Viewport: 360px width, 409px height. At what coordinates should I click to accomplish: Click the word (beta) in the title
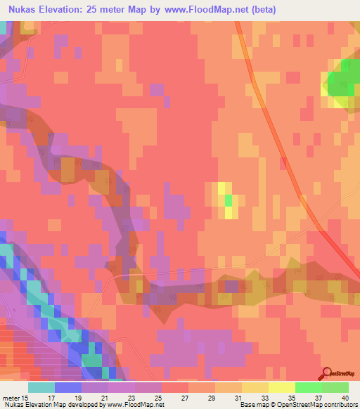coord(262,10)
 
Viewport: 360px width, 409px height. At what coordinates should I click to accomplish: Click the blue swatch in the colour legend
coord(67,387)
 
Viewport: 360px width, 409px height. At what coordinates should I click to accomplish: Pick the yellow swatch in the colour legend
coord(281,387)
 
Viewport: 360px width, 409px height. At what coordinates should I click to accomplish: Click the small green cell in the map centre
coord(228,200)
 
